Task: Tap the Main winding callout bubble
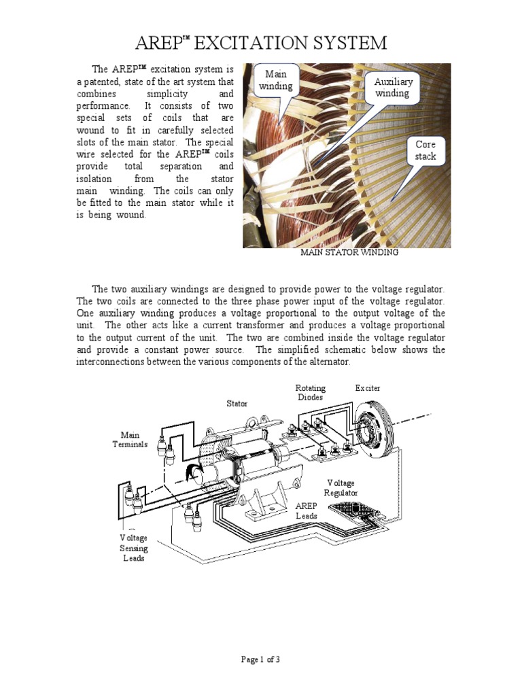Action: (276, 80)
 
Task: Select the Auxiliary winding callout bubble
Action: (393, 88)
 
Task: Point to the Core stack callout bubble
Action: (425, 151)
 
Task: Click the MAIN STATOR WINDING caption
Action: (349, 252)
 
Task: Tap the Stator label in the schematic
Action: (237, 403)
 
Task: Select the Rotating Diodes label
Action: (310, 393)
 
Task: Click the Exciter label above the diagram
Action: (368, 388)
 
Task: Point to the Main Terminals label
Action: (130, 440)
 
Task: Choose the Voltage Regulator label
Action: (341, 487)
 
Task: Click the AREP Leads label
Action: (307, 511)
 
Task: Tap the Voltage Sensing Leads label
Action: (134, 548)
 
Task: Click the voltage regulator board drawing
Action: (354, 511)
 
